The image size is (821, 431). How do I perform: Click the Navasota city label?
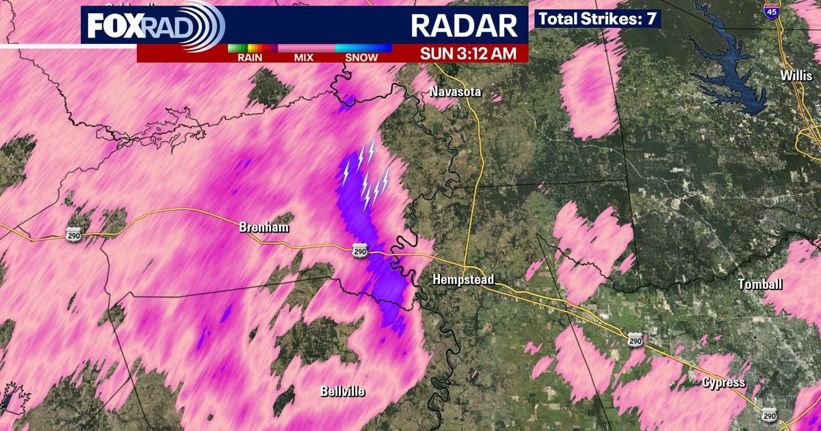[456, 92]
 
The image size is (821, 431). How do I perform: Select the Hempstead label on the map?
[463, 279]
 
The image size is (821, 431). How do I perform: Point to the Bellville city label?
[343, 392]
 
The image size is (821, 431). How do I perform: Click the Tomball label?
[761, 284]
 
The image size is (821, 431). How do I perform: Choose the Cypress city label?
[723, 382]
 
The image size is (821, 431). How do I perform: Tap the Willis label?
[796, 76]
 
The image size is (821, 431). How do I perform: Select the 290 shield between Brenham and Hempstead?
[360, 252]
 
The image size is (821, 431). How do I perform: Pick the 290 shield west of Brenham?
[74, 235]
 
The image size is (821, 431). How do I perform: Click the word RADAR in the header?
[464, 25]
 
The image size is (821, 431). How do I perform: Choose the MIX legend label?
[304, 57]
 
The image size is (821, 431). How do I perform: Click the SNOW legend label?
[361, 57]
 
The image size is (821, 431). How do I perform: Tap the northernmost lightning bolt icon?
[372, 149]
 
